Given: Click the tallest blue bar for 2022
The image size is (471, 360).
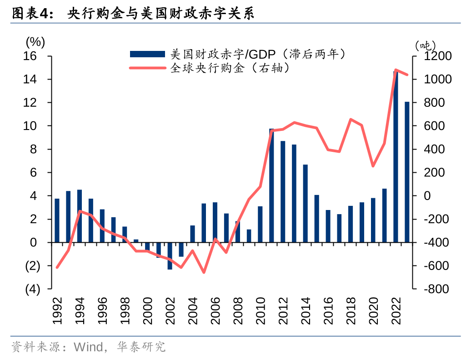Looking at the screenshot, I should [396, 157].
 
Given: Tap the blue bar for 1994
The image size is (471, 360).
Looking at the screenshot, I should [80, 216].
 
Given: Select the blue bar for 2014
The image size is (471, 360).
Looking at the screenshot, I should [306, 203].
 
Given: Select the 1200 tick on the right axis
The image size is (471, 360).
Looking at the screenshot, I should [439, 56].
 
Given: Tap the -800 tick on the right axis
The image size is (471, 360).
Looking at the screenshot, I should [436, 289].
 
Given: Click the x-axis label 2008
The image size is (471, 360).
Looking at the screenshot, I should [238, 310].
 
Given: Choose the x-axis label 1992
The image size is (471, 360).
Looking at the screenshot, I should [57, 310].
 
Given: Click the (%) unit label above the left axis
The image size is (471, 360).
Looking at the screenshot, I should [35, 43].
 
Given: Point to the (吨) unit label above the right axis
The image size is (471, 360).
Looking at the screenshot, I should [425, 45].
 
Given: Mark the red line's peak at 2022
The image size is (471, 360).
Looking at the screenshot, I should [396, 70].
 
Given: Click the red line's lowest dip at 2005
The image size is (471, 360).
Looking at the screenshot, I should [204, 272].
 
